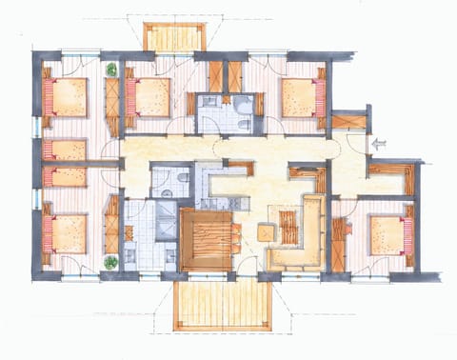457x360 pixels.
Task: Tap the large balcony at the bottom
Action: pos(223,304)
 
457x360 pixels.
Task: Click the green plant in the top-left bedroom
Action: pos(111,70)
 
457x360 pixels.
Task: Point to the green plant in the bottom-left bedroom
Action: pos(111,261)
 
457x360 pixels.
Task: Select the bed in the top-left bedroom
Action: pos(65,98)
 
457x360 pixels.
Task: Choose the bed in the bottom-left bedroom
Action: pos(65,232)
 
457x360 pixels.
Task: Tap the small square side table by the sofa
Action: pos(265,231)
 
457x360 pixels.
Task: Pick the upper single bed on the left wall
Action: pos(65,150)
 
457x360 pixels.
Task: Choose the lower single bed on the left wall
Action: pos(65,177)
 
